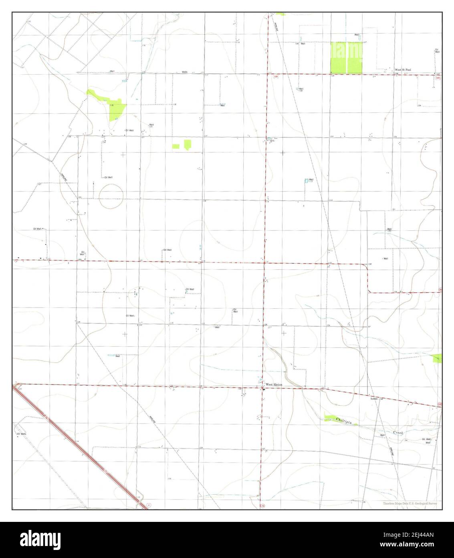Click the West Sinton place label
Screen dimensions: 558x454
274,385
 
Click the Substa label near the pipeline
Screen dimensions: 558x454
374,399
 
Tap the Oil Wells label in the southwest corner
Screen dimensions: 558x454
21,434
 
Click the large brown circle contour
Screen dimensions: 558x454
111,196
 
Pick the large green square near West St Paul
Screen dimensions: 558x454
346,57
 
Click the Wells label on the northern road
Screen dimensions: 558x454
184,72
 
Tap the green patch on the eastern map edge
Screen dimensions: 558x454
437,358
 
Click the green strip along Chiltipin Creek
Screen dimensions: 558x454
339,419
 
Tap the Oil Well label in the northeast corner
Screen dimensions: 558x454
437,51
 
